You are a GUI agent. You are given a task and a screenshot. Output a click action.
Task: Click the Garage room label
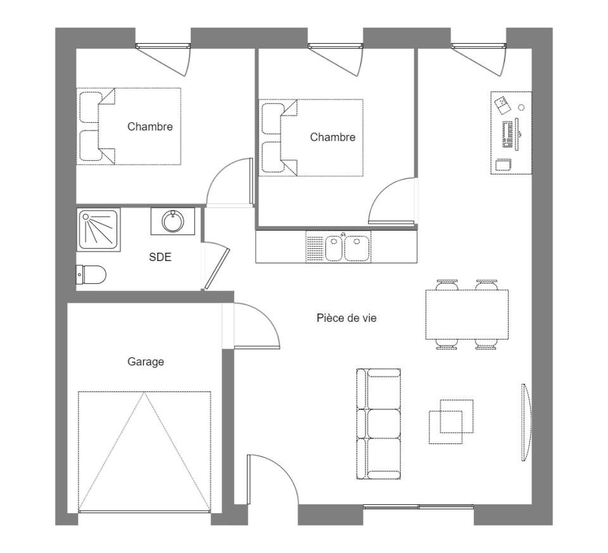point(146,362)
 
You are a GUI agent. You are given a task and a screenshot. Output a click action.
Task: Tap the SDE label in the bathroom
point(160,257)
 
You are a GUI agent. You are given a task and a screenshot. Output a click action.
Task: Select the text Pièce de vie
point(346,318)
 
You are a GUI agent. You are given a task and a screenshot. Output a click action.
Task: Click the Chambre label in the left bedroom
point(149,127)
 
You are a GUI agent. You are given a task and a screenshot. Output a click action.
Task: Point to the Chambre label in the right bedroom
point(332,137)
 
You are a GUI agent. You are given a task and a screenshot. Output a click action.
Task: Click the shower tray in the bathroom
point(98,229)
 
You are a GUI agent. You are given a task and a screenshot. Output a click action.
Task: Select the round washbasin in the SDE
point(172,221)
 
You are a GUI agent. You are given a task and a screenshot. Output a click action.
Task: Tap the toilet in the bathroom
point(91,275)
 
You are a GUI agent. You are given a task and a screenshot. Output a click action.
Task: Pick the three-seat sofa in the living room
point(379,423)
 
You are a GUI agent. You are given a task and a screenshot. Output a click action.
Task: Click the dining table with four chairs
point(467,315)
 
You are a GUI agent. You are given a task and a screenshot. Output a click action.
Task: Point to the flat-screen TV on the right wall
point(525,423)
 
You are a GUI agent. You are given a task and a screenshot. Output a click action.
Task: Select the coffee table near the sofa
point(452,422)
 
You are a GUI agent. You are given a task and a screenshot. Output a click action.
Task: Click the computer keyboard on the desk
point(507,133)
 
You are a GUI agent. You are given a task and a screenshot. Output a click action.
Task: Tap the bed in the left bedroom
point(129,127)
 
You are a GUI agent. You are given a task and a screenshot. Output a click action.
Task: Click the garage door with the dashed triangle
point(144,451)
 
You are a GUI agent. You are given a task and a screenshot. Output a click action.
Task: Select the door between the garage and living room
point(253,326)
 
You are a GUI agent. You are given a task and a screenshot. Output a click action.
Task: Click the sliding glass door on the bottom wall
point(418,507)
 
